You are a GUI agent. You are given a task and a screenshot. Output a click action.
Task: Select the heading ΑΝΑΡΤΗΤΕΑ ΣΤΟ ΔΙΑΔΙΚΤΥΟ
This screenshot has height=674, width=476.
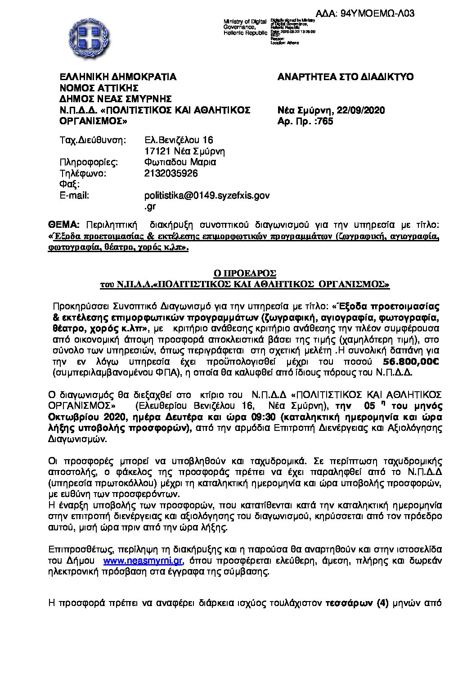click(x=346, y=77)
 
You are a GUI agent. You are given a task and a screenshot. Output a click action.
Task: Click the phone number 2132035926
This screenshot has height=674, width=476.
click(x=171, y=173)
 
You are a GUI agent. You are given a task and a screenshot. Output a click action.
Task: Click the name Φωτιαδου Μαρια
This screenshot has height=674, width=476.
click(x=180, y=163)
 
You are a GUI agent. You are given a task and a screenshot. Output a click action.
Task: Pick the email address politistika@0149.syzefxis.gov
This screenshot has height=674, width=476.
click(x=207, y=195)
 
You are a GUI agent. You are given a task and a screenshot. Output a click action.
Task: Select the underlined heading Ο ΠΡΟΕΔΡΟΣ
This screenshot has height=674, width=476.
click(x=245, y=273)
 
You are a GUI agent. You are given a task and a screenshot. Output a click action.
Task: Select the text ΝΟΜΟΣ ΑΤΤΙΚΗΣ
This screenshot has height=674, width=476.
click(x=99, y=88)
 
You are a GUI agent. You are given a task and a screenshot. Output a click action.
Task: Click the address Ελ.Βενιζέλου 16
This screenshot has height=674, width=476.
click(x=179, y=140)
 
